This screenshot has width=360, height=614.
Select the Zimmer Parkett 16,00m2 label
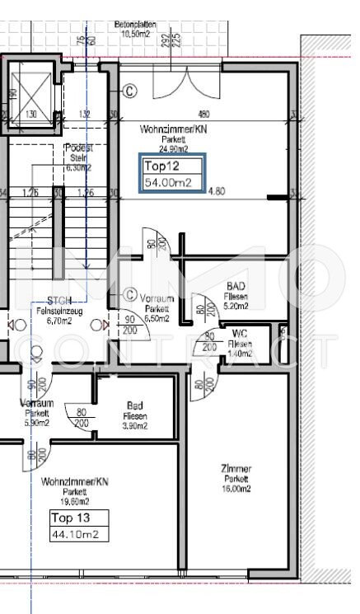[236, 478]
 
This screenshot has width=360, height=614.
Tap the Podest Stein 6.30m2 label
[78, 157]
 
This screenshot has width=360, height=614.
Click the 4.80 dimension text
[216, 192]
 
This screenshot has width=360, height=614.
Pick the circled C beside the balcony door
[129, 90]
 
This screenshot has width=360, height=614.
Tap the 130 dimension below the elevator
[30, 115]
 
